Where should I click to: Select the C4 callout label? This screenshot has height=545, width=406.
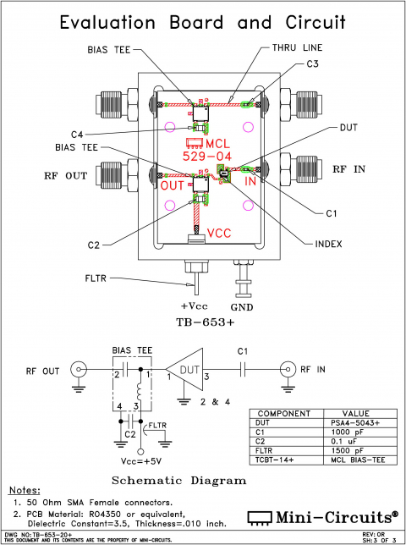pyautogui.click(x=77, y=135)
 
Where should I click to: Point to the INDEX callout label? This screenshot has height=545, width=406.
pyautogui.click(x=329, y=244)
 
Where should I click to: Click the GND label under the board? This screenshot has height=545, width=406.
pyautogui.click(x=244, y=306)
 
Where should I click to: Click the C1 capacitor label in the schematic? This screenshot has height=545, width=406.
pyautogui.click(x=242, y=350)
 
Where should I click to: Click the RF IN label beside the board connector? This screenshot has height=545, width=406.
pyautogui.click(x=348, y=169)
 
